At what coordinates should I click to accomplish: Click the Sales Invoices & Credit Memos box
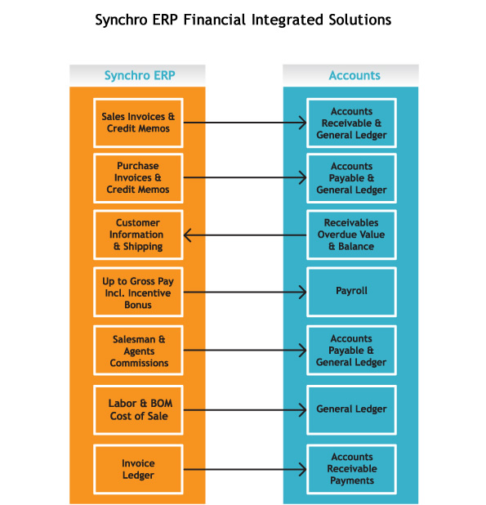click(x=138, y=123)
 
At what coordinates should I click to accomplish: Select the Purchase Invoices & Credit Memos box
click(x=138, y=178)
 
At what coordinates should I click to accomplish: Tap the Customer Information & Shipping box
click(x=138, y=235)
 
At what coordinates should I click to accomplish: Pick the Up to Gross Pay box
click(x=138, y=292)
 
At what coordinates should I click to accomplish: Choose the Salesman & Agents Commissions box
click(x=138, y=351)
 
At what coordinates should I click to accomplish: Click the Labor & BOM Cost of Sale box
click(x=138, y=410)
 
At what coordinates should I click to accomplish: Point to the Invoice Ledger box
click(x=138, y=469)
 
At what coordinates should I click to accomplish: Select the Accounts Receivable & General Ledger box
click(x=351, y=123)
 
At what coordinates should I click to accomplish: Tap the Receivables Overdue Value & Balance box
click(x=351, y=235)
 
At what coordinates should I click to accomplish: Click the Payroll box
click(x=351, y=292)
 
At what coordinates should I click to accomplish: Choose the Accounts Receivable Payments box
click(x=351, y=469)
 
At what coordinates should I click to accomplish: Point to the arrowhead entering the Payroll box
click(x=302, y=292)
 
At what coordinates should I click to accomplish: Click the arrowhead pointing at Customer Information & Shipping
click(x=188, y=235)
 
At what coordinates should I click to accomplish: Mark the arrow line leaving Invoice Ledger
click(x=245, y=469)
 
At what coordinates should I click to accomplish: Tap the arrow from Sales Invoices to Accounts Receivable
click(x=245, y=123)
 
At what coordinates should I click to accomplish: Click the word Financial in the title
click(x=215, y=20)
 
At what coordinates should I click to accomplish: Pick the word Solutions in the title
click(x=360, y=20)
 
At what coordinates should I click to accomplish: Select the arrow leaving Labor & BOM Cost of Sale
click(x=245, y=410)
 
